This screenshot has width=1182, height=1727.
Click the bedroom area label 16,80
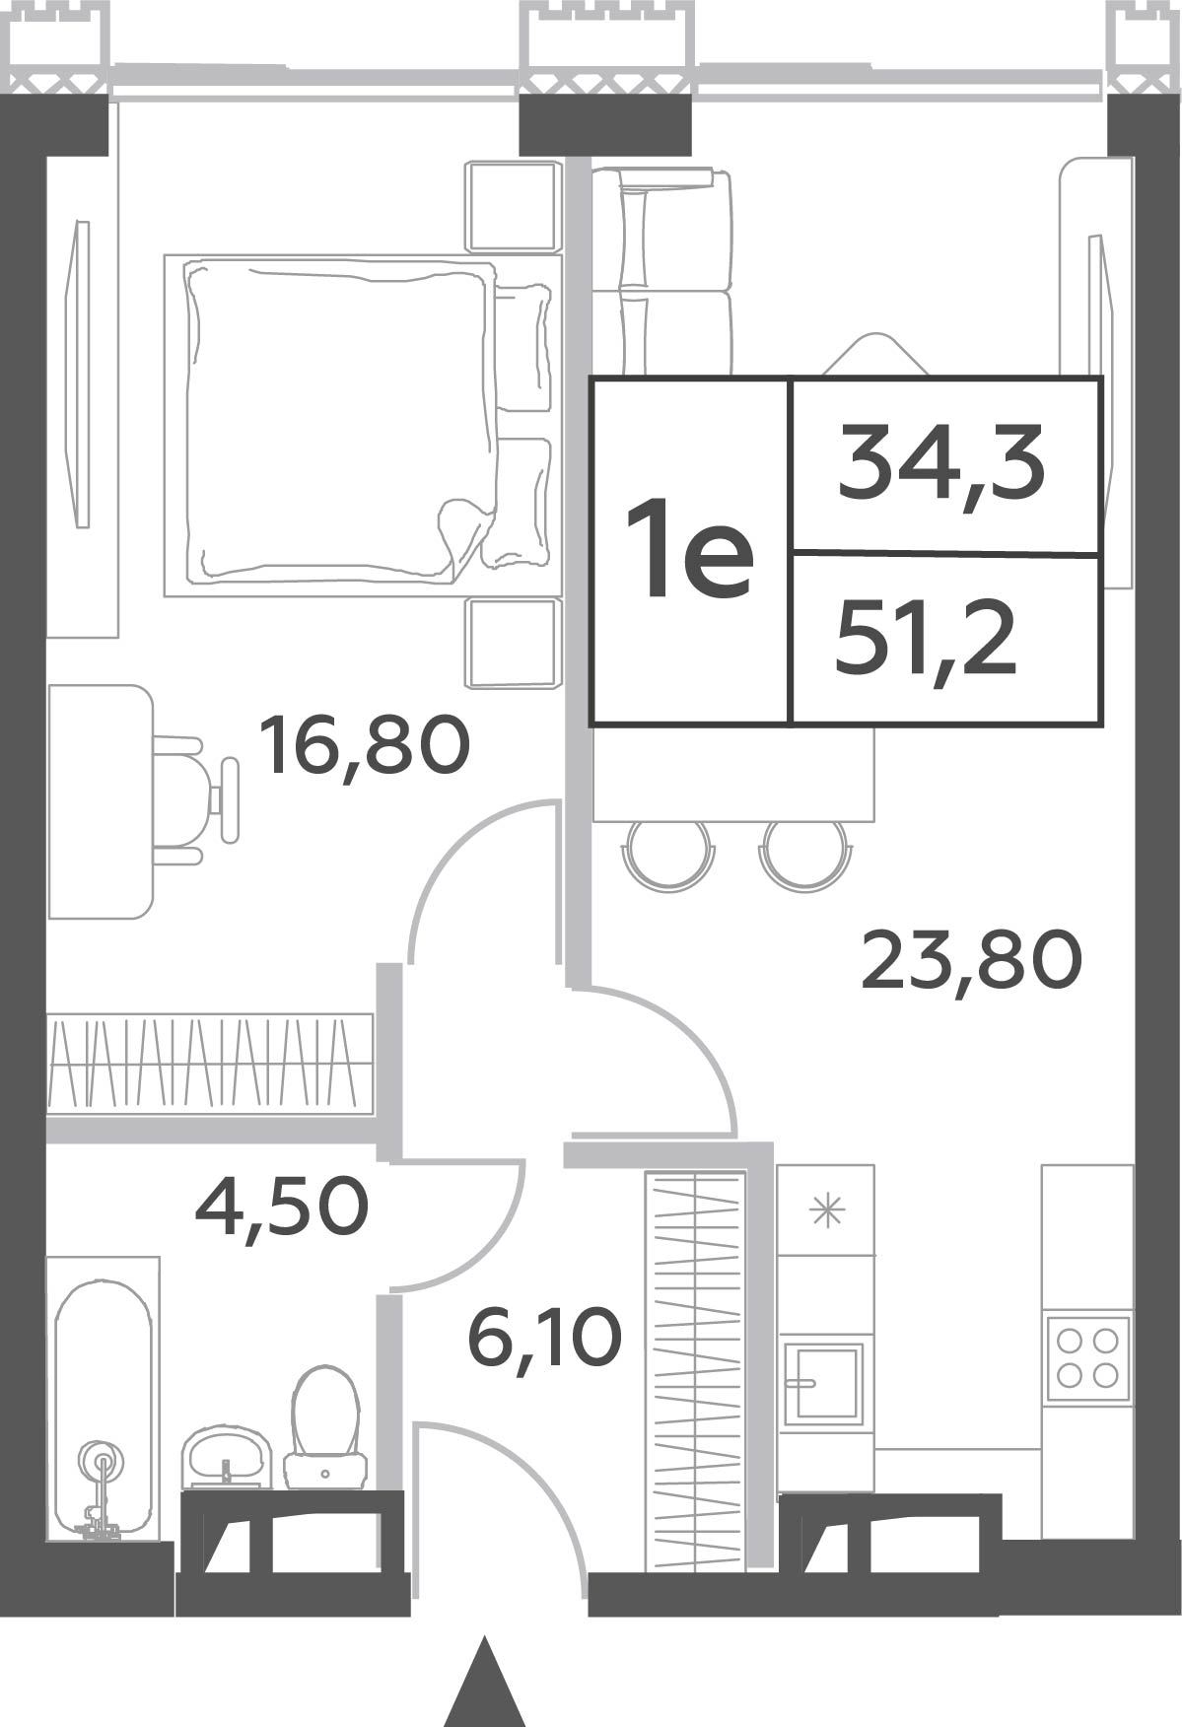364,746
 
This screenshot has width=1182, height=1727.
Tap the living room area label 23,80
971,962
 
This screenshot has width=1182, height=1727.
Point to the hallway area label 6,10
545,1337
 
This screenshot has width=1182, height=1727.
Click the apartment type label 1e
690,548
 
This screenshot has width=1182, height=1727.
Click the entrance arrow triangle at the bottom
483,1683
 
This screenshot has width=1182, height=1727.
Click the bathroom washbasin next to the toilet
227,1457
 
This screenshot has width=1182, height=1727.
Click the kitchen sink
823,1383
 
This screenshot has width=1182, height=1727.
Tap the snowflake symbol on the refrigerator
826,1209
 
